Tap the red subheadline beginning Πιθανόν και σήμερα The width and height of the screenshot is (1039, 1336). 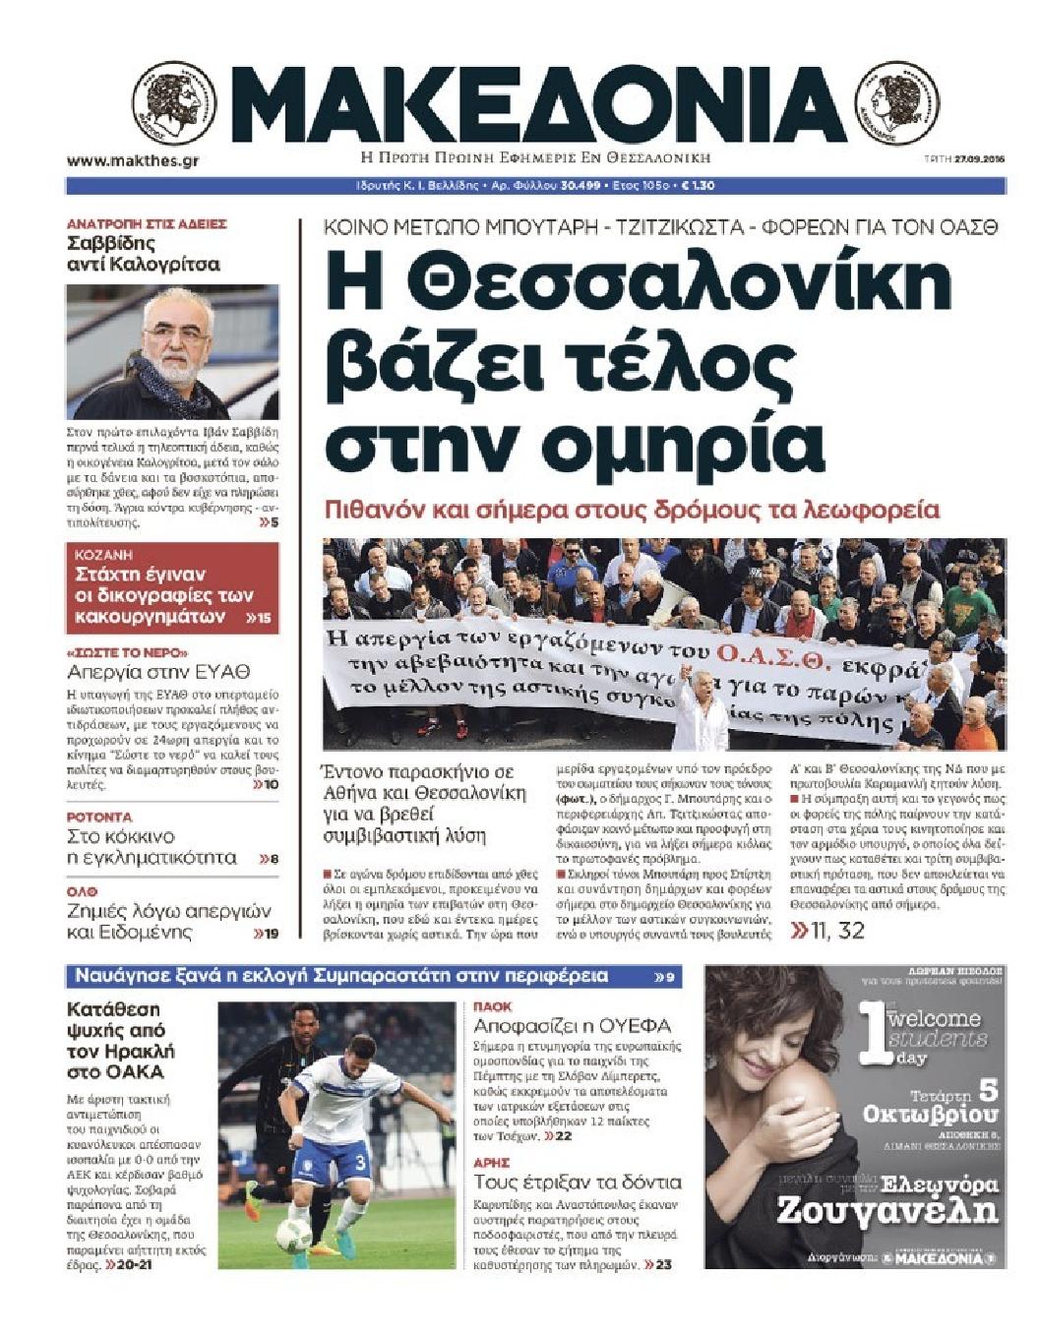tap(633, 510)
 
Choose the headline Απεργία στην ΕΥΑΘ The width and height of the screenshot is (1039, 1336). tap(158, 673)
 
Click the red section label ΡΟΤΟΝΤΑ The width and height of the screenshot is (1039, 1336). tap(98, 817)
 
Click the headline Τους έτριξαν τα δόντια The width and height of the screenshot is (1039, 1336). tap(577, 1182)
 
